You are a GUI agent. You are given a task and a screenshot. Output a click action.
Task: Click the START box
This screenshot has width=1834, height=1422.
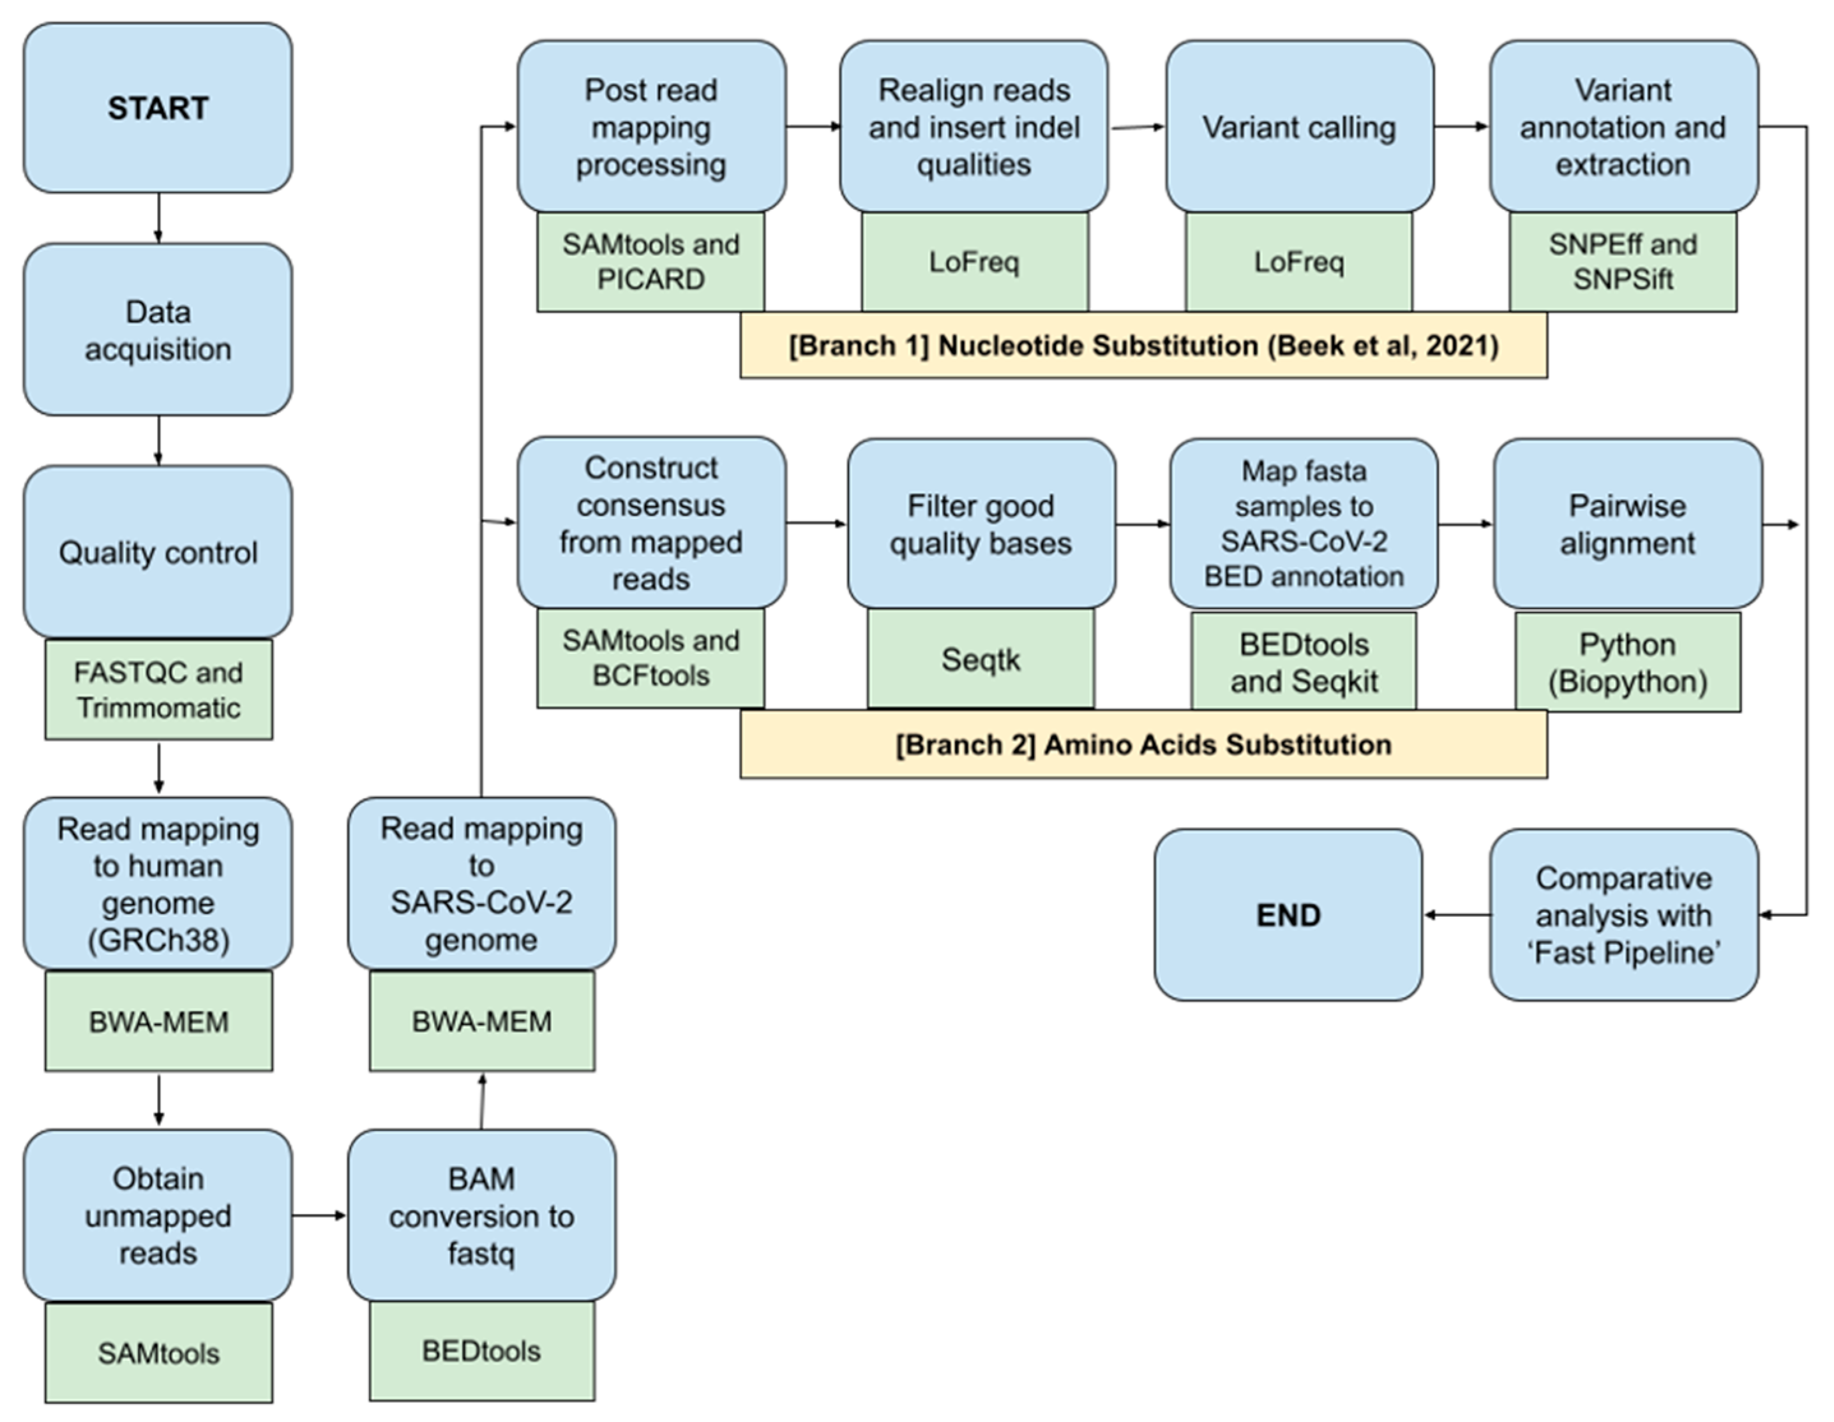(x=158, y=108)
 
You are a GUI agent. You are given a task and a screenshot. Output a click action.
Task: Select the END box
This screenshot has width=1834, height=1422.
(x=1288, y=915)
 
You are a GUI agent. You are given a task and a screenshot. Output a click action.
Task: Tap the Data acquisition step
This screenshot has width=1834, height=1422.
(x=158, y=330)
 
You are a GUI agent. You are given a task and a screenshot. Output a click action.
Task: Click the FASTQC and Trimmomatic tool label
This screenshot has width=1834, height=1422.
(x=158, y=690)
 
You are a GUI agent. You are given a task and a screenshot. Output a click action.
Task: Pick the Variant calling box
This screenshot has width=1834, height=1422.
(x=1299, y=127)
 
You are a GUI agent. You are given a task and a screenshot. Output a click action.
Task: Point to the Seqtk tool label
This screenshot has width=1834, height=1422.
(x=981, y=660)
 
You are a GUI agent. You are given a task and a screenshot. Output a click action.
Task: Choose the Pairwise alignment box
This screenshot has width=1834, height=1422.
(x=1627, y=524)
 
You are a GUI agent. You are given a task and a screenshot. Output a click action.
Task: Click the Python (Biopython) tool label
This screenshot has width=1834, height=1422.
(x=1627, y=662)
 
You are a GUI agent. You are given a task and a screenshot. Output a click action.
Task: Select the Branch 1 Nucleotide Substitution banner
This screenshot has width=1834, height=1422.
(x=1143, y=346)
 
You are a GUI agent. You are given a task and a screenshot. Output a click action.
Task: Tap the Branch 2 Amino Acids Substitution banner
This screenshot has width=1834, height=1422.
(x=1143, y=744)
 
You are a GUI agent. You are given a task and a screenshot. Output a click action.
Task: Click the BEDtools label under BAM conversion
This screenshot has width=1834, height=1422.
(x=482, y=1351)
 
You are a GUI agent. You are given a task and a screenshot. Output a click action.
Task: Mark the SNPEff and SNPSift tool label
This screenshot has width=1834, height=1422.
(x=1623, y=262)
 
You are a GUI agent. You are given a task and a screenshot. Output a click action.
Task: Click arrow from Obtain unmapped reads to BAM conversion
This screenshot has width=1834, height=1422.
(x=319, y=1215)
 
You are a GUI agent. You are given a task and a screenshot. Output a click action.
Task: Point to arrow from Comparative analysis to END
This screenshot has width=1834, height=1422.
(x=1458, y=915)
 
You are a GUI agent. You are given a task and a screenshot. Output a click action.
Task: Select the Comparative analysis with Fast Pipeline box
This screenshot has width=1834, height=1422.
(x=1623, y=915)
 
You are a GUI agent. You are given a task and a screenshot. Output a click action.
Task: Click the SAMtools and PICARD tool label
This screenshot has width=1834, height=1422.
(x=650, y=262)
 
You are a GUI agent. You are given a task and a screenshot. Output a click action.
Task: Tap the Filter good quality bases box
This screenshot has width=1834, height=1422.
(x=981, y=524)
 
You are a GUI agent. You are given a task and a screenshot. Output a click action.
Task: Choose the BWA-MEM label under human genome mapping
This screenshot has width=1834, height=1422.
(x=158, y=1021)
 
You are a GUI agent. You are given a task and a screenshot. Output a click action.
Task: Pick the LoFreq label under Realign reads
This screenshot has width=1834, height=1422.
(x=974, y=262)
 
